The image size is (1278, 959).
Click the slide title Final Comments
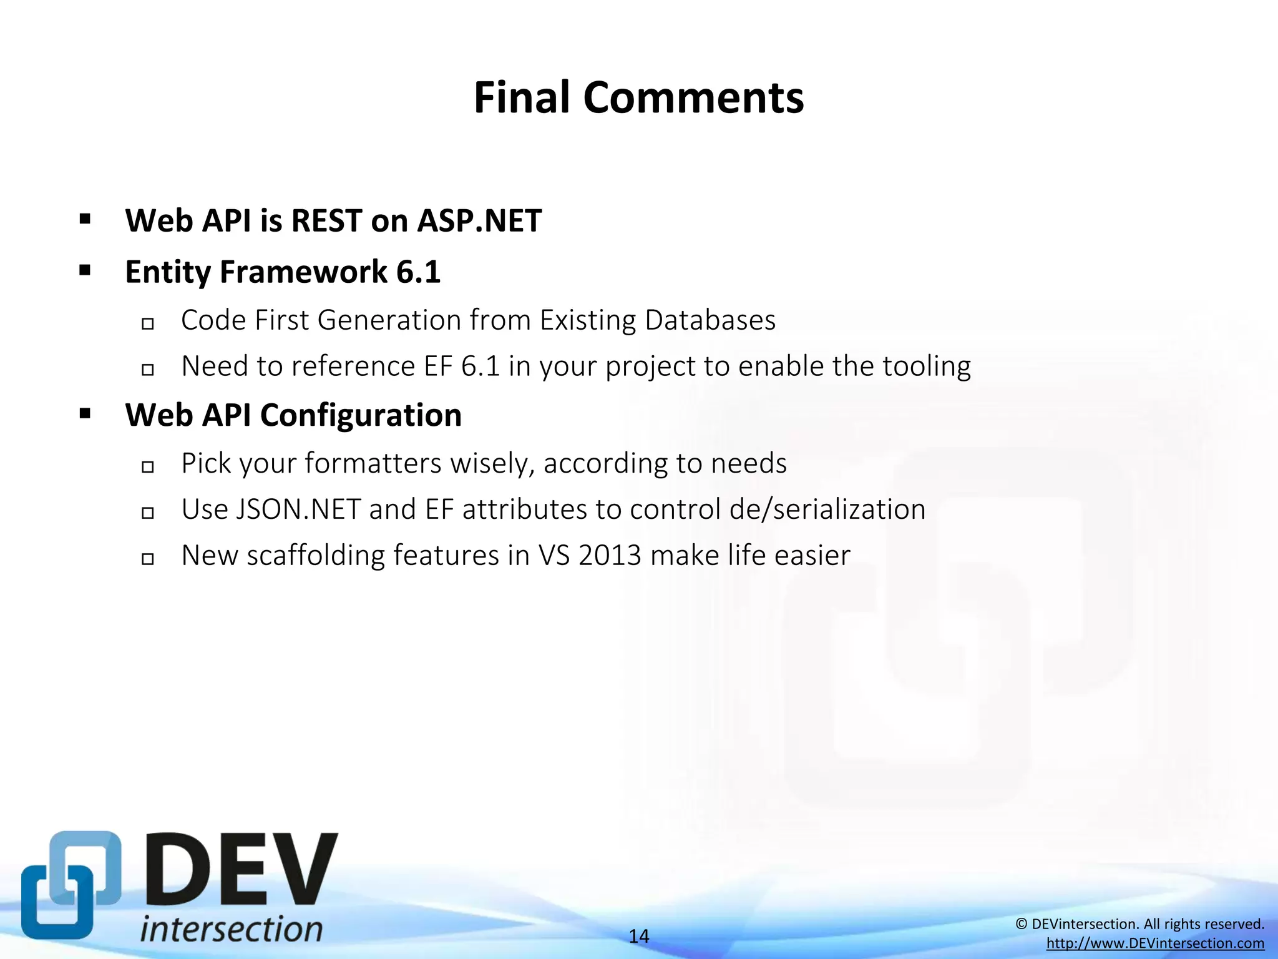[x=638, y=98]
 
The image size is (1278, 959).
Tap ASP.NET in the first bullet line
[x=479, y=221]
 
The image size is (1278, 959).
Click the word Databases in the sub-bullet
[x=710, y=320]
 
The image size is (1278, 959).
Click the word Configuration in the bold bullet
[x=361, y=415]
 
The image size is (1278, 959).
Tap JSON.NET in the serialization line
[x=298, y=509]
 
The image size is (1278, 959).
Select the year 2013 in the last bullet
[x=610, y=556]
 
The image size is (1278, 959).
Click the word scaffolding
[x=315, y=556]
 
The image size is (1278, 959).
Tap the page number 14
[x=638, y=936]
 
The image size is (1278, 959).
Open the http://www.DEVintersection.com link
[x=1155, y=943]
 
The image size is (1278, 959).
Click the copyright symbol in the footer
[x=1022, y=924]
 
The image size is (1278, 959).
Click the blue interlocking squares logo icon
[x=70, y=885]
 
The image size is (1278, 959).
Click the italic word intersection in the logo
[x=231, y=929]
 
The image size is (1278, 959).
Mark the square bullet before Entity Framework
[x=85, y=271]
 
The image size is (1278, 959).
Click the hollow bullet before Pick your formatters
[x=148, y=466]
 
